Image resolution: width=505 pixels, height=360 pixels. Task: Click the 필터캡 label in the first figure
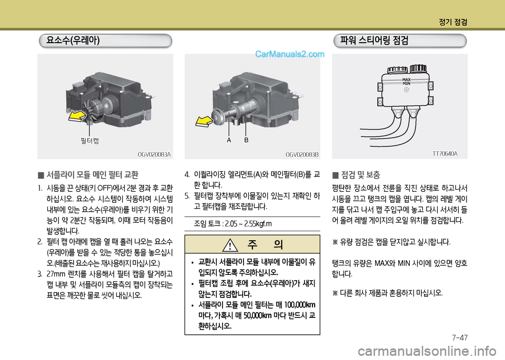pyautogui.click(x=90, y=140)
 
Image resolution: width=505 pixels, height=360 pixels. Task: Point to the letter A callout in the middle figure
pyautogui.click(x=229, y=141)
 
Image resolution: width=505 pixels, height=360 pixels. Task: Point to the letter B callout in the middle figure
pyautogui.click(x=246, y=141)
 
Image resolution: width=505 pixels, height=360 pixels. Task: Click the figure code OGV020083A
pyautogui.click(x=154, y=155)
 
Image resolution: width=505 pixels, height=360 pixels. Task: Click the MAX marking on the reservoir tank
pyautogui.click(x=407, y=79)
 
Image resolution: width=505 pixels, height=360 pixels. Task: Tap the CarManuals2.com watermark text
pyautogui.click(x=290, y=54)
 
